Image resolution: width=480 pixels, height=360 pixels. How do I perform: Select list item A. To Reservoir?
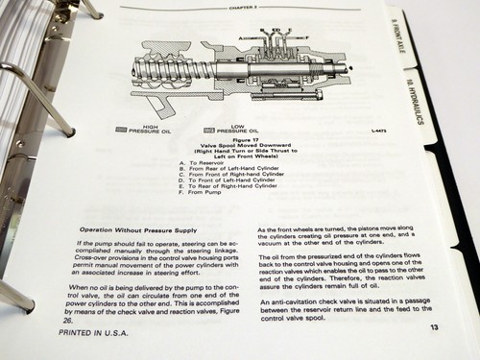pyautogui.click(x=193, y=162)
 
